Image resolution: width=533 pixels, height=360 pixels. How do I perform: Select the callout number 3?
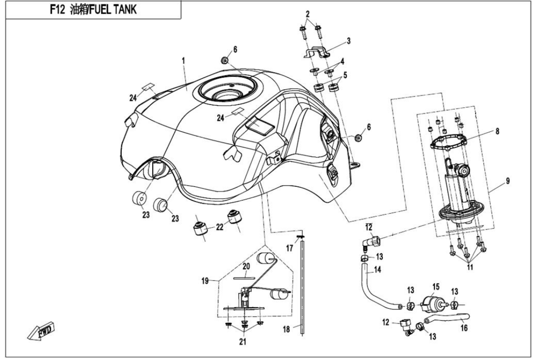349,41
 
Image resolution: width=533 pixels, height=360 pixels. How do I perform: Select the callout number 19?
206,280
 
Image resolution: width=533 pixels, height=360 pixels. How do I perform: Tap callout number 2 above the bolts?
308,13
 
